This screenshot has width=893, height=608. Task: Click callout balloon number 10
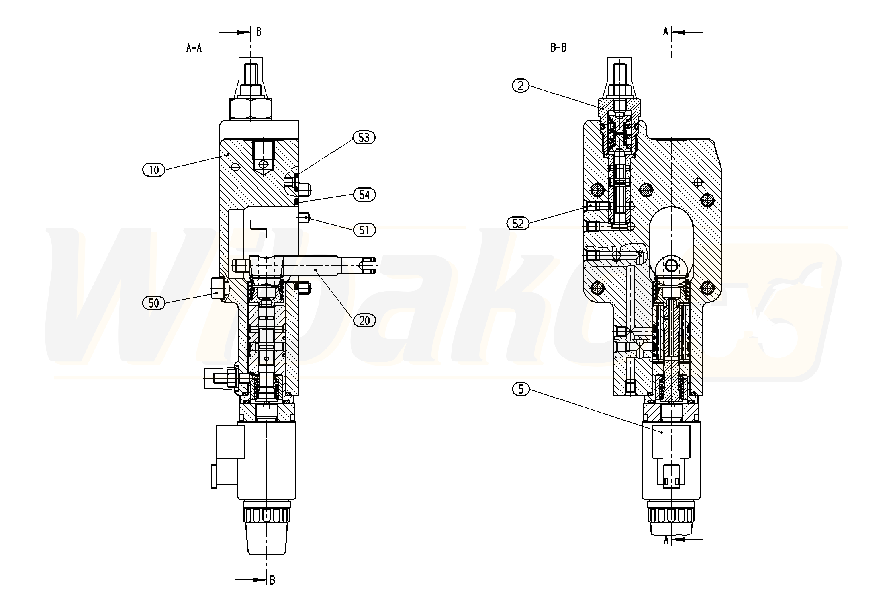(x=153, y=170)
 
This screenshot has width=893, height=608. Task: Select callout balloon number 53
(x=364, y=138)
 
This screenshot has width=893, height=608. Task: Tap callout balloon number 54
(x=364, y=195)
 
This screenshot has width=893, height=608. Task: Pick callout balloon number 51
(x=364, y=230)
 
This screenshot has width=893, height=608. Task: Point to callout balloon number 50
(x=153, y=303)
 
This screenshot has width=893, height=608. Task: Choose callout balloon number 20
(x=364, y=321)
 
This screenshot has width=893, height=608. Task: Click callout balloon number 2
(x=521, y=85)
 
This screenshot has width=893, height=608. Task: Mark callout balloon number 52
(x=517, y=224)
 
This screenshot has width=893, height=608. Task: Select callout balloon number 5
(x=521, y=389)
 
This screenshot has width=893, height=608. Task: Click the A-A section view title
(x=194, y=48)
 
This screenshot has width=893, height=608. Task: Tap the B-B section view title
(x=558, y=48)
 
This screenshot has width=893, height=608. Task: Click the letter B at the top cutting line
(x=258, y=32)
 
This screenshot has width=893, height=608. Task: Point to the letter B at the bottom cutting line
(x=272, y=580)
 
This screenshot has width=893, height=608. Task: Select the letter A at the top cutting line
(x=666, y=32)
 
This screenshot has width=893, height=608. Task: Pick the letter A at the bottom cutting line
(x=666, y=540)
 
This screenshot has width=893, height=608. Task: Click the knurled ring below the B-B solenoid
(x=671, y=516)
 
